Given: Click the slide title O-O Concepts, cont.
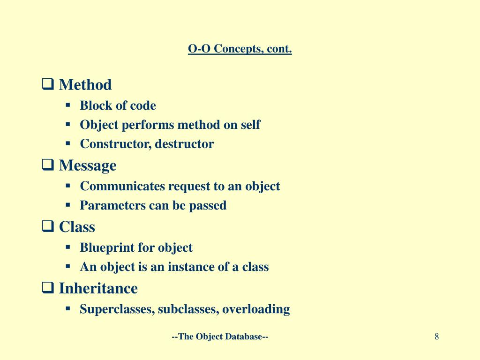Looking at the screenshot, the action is (x=240, y=49).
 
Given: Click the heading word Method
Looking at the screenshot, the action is (x=85, y=84).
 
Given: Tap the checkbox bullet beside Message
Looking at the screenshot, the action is (x=48, y=165).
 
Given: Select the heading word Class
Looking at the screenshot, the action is (x=77, y=227).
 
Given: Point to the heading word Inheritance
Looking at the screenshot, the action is (x=98, y=288).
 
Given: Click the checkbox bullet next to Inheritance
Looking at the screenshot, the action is (x=48, y=288).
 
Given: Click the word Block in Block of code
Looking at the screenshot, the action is (x=92, y=105).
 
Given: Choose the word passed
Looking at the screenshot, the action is (x=208, y=206).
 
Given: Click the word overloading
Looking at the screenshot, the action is (x=256, y=309).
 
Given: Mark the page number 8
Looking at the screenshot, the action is (x=436, y=337).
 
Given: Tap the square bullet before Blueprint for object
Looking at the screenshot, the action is (x=68, y=247).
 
